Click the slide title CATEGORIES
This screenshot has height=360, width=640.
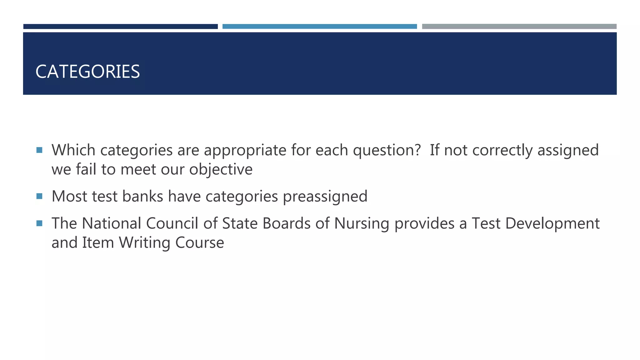[87, 72]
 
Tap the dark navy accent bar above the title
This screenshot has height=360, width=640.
[120, 27]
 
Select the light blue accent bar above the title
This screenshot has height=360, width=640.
[319, 27]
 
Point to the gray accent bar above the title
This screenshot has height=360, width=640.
[519, 27]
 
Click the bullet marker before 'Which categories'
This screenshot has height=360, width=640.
[39, 150]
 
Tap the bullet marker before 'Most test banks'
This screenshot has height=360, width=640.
[39, 196]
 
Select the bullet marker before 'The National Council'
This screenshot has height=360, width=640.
[39, 223]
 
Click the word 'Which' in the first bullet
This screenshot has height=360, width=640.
[73, 150]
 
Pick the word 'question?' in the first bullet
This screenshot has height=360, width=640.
[387, 151]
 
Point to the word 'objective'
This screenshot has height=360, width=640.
[221, 170]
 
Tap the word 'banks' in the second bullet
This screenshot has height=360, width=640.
[142, 196]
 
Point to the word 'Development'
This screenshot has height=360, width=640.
[552, 224]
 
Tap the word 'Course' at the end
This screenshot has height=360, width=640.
[200, 242]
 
